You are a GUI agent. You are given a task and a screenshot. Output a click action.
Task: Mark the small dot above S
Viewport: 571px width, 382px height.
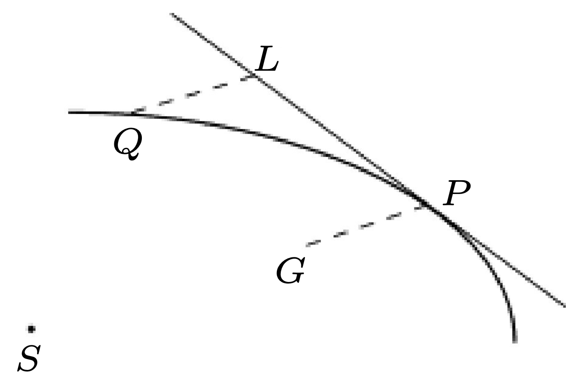pyautogui.click(x=31, y=329)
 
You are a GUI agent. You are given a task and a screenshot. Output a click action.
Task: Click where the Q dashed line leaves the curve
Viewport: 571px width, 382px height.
pyautogui.click(x=132, y=113)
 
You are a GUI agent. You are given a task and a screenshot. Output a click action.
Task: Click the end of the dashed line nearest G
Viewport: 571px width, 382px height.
pyautogui.click(x=307, y=245)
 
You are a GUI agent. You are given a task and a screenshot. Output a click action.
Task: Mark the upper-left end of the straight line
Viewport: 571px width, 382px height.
pyautogui.click(x=171, y=14)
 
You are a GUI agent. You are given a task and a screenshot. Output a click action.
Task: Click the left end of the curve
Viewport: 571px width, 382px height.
pyautogui.click(x=69, y=112)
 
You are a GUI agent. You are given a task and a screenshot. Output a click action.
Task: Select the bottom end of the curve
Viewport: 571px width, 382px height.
pyautogui.click(x=514, y=341)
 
